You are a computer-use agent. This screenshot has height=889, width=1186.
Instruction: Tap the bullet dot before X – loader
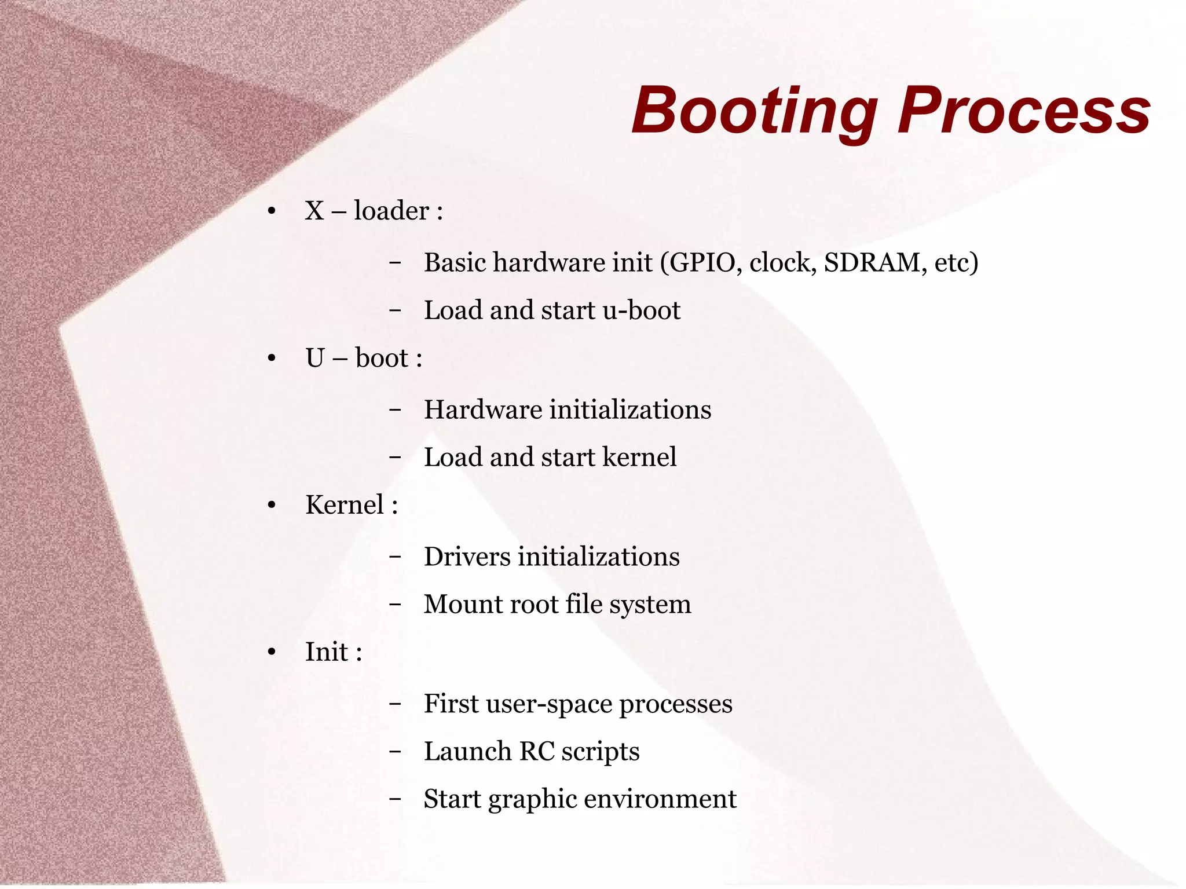272,211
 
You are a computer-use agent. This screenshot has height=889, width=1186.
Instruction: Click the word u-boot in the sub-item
641,310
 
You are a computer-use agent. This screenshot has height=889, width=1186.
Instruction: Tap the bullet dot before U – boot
272,358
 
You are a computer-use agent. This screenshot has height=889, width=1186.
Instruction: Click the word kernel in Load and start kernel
639,458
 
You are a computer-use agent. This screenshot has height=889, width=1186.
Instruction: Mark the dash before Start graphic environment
395,799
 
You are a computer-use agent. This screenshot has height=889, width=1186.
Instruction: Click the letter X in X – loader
314,211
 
